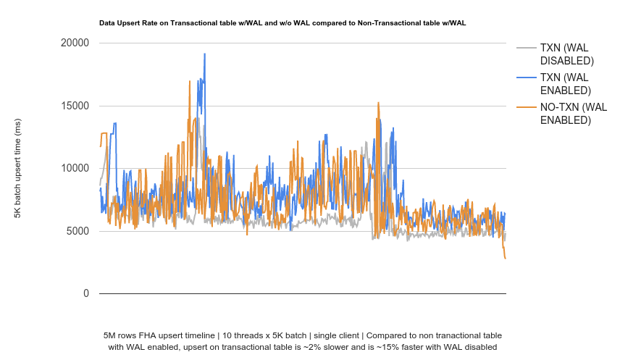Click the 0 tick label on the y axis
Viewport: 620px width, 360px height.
pos(85,293)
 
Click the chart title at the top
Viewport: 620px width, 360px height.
pos(282,23)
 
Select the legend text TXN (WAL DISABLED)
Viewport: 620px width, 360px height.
pos(566,54)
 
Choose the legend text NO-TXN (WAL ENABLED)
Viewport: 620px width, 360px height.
pos(573,114)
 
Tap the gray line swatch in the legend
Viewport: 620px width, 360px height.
pos(526,49)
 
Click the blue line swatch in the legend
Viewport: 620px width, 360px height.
pos(526,78)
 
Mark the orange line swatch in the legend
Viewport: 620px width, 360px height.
pos(526,108)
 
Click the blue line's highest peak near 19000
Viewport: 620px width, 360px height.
pos(205,54)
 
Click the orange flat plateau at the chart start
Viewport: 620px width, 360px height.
pos(104,133)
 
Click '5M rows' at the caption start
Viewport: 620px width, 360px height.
pos(119,335)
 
